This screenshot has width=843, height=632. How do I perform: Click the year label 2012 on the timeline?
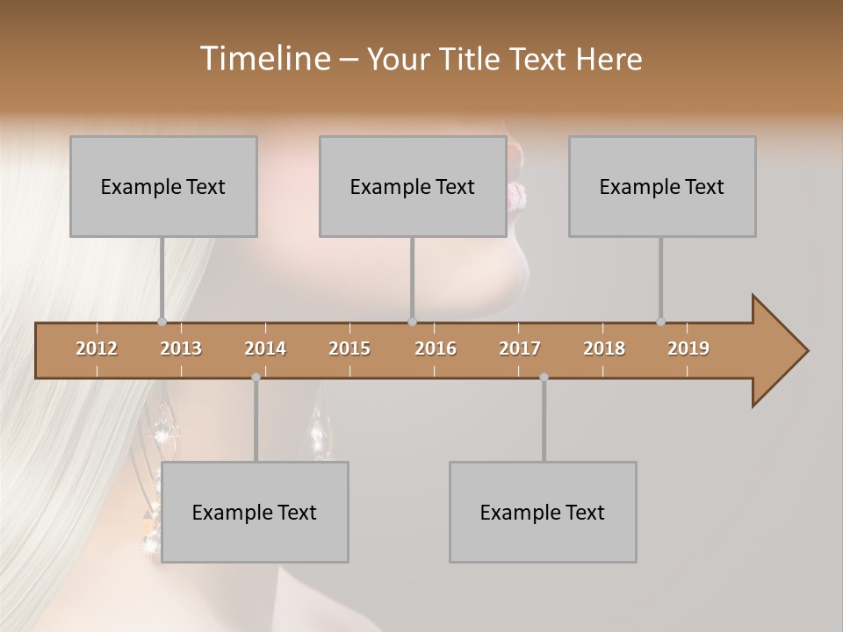pyautogui.click(x=97, y=348)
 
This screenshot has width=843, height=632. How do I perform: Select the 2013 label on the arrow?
pyautogui.click(x=181, y=348)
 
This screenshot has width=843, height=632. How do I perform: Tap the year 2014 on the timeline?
pyautogui.click(x=265, y=348)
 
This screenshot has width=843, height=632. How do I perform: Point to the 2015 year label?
pyautogui.click(x=349, y=348)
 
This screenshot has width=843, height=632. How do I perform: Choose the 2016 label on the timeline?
pyautogui.click(x=436, y=348)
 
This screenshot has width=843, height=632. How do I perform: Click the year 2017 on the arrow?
pyautogui.click(x=520, y=348)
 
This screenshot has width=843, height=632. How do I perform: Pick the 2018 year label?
pyautogui.click(x=604, y=348)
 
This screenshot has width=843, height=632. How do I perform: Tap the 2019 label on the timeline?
pyautogui.click(x=688, y=348)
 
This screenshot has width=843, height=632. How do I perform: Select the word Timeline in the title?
pyautogui.click(x=263, y=59)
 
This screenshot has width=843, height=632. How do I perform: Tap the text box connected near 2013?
pyautogui.click(x=163, y=186)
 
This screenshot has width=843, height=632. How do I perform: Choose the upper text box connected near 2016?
pyautogui.click(x=413, y=186)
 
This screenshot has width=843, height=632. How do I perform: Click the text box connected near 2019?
pyautogui.click(x=662, y=186)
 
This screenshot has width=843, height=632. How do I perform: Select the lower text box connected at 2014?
pyautogui.click(x=255, y=512)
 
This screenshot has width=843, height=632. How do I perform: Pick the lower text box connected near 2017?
pyautogui.click(x=543, y=512)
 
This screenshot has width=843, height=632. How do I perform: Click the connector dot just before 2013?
pyautogui.click(x=162, y=321)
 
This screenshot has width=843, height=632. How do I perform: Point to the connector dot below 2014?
pyautogui.click(x=256, y=377)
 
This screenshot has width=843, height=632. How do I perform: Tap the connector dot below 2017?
pyautogui.click(x=544, y=377)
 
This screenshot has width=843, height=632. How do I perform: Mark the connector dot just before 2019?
pyautogui.click(x=660, y=321)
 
